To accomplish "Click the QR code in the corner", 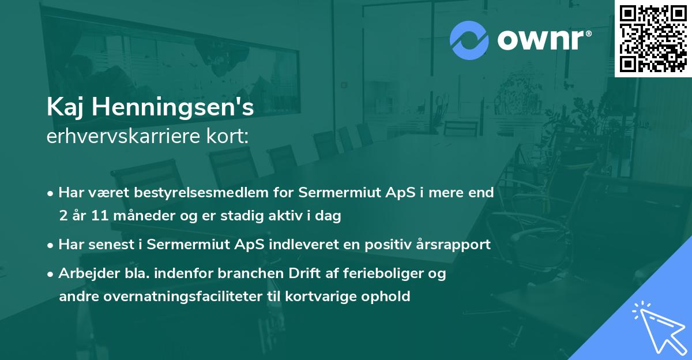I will (x=653, y=38).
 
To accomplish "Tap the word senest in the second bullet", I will (x=106, y=244).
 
